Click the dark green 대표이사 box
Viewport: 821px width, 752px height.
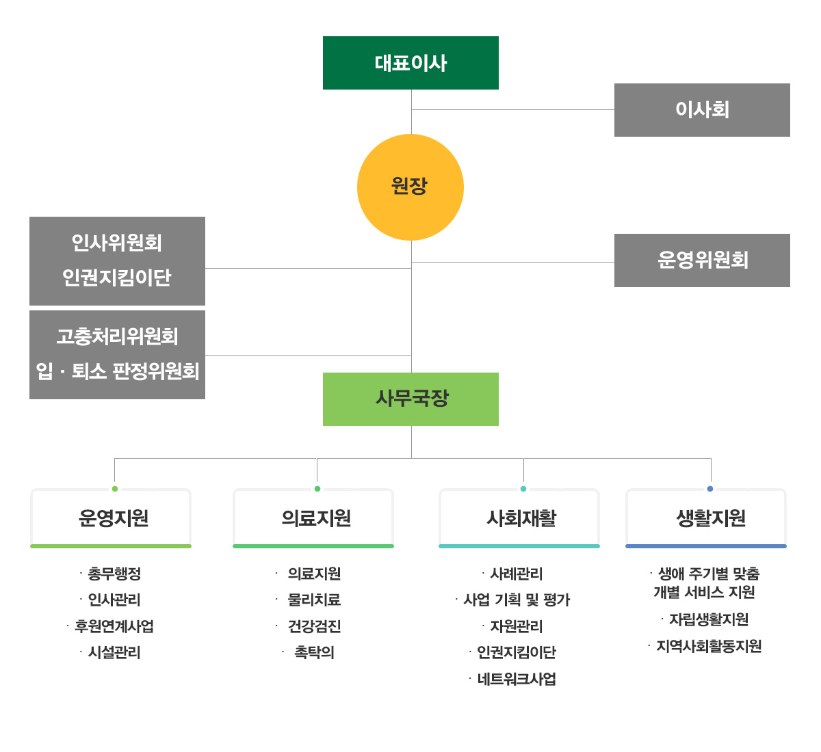(x=410, y=63)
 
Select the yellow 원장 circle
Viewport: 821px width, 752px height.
(x=410, y=187)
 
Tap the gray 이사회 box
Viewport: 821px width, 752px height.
(x=702, y=110)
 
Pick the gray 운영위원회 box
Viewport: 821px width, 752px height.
(x=702, y=260)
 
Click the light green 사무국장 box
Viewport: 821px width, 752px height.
(x=410, y=399)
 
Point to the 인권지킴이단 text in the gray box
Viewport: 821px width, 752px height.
(x=117, y=278)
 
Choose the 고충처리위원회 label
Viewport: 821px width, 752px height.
(x=117, y=336)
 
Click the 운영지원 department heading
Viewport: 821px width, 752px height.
(x=114, y=518)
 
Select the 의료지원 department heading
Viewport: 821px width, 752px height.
(x=316, y=518)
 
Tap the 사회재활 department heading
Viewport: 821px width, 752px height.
(x=521, y=518)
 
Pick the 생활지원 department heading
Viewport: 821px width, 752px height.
(x=710, y=518)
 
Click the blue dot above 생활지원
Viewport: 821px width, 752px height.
(x=710, y=489)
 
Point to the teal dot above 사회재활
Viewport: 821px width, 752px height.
(x=523, y=489)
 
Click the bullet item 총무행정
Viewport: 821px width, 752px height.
(x=114, y=574)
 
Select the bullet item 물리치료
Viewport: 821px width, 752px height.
(x=314, y=600)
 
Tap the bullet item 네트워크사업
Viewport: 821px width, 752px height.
(x=517, y=679)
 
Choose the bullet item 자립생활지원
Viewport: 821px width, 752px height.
(x=709, y=619)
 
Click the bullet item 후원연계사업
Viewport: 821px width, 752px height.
(x=114, y=626)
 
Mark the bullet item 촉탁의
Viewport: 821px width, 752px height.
(x=314, y=652)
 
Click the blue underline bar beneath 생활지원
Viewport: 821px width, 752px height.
(x=706, y=546)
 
